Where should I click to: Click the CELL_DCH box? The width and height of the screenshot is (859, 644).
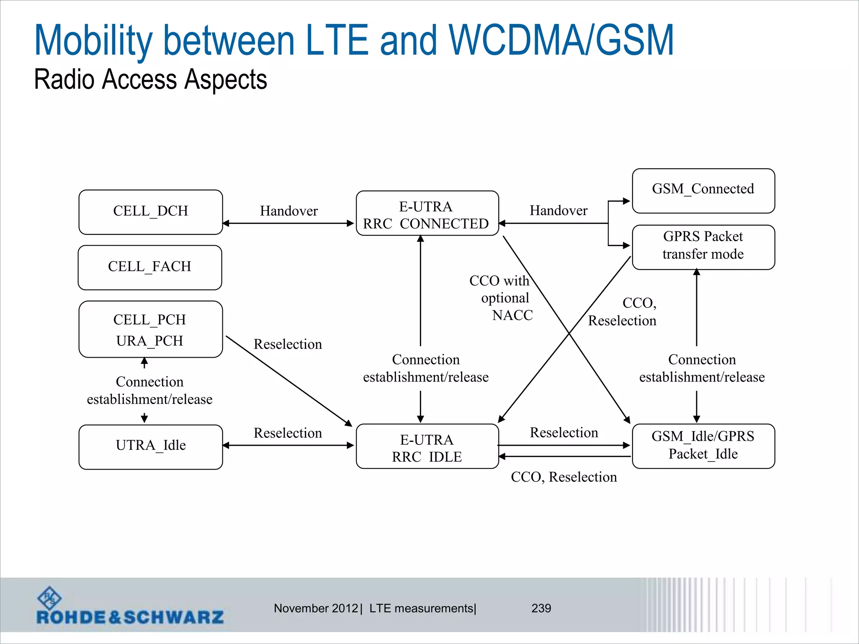[151, 212]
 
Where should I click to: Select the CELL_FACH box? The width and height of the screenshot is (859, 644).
[150, 267]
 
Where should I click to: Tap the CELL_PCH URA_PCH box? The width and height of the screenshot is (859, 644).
[151, 330]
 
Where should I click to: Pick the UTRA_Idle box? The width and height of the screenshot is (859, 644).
[151, 447]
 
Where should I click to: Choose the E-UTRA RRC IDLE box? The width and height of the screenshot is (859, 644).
[427, 447]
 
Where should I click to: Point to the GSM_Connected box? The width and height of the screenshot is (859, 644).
[703, 191]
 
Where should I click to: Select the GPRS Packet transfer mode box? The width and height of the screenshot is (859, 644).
[703, 247]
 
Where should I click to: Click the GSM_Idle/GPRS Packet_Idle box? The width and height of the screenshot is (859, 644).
[703, 446]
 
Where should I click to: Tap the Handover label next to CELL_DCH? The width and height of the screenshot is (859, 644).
[289, 211]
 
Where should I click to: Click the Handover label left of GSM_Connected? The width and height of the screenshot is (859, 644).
[558, 210]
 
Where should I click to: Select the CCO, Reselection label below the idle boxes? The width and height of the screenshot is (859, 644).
[564, 477]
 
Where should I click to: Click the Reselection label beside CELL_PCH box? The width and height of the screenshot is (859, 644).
[288, 344]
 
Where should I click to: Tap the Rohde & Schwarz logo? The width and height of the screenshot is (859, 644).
[130, 607]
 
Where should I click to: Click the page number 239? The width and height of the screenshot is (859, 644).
[541, 608]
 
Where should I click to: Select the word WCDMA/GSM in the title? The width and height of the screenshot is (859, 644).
[561, 40]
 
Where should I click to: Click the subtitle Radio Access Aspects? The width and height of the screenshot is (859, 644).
[150, 79]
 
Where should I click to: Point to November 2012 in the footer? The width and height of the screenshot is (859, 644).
[316, 608]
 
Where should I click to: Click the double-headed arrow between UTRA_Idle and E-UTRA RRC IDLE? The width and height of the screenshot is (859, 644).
[289, 445]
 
